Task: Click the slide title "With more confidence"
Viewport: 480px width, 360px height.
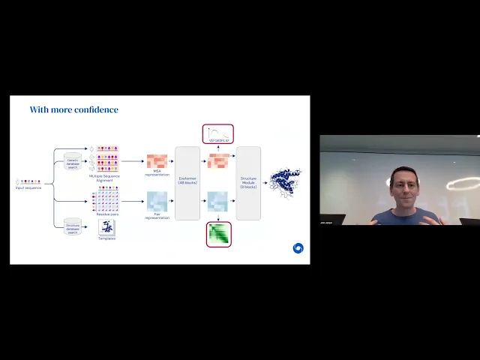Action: pyautogui.click(x=73, y=109)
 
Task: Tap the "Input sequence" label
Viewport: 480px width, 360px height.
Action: pyautogui.click(x=28, y=187)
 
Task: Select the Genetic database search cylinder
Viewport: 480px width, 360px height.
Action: pyautogui.click(x=73, y=163)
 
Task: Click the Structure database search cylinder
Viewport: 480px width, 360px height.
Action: pyautogui.click(x=73, y=227)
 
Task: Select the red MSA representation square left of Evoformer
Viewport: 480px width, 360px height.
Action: pyautogui.click(x=157, y=161)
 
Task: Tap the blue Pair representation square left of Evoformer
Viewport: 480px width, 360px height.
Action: pyautogui.click(x=157, y=202)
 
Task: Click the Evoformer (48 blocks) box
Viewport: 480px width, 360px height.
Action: pyautogui.click(x=187, y=183)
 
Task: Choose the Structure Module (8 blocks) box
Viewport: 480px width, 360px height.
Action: pyautogui.click(x=248, y=183)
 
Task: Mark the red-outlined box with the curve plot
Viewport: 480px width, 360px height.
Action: pyautogui.click(x=217, y=134)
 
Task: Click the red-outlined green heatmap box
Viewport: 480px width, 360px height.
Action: pyautogui.click(x=218, y=234)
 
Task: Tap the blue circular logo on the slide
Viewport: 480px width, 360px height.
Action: pyautogui.click(x=298, y=248)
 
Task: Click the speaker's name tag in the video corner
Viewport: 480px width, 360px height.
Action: pyautogui.click(x=327, y=223)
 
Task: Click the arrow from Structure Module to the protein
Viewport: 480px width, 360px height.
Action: pyautogui.click(x=265, y=182)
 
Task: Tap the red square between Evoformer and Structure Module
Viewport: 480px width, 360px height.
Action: pyautogui.click(x=217, y=160)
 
